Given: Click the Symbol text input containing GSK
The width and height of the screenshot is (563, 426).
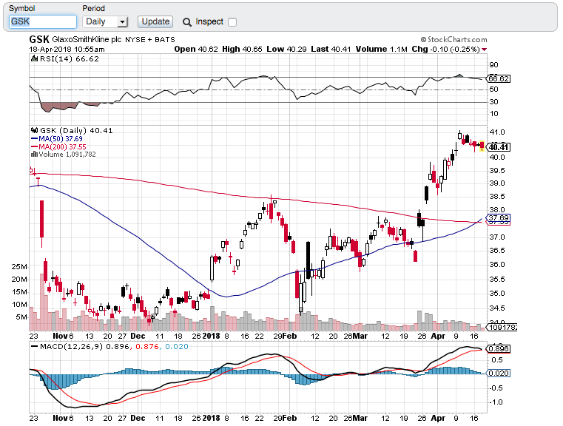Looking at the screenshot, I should coord(42,22).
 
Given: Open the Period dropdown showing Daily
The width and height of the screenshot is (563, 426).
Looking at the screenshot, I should coord(106,22).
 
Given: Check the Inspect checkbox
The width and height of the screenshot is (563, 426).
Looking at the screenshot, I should coord(232,22).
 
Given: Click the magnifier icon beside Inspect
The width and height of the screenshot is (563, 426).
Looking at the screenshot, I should coord(187,22).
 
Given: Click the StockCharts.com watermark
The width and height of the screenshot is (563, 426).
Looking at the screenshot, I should coord(454,39).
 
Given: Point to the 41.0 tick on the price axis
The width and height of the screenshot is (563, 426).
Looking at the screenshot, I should coord(498,130).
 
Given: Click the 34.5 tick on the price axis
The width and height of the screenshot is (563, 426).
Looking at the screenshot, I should coord(498,308).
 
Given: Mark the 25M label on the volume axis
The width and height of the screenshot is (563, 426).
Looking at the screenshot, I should coord(19,267).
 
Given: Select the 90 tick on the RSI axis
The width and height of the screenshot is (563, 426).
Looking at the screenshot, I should coord(493,65).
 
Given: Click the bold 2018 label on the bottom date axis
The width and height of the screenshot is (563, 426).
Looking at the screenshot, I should coord(211,417).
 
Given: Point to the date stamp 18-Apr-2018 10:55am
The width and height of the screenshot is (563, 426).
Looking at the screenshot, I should coord(57,49).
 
